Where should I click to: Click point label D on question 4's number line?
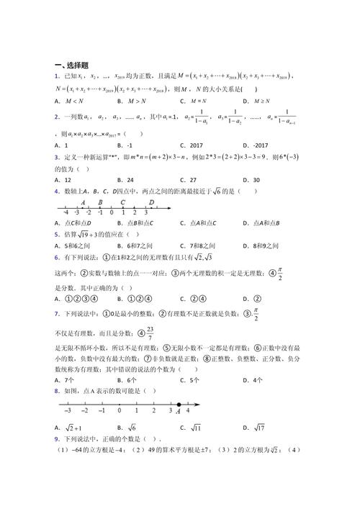151,202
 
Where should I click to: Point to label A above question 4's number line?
84,202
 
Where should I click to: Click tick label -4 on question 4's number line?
66,213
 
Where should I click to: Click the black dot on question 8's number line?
179,404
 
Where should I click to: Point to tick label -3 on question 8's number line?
67,412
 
